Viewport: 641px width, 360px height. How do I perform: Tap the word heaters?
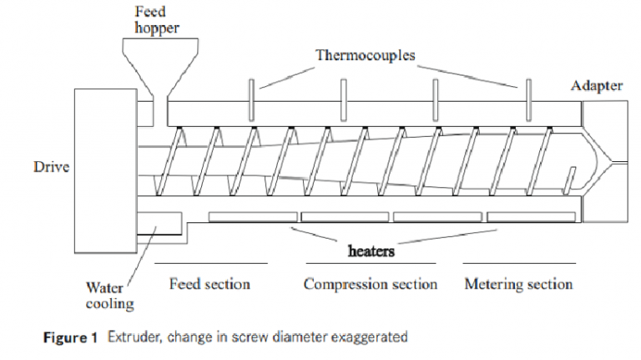[x=371, y=250]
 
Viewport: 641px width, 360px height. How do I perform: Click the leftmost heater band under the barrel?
[x=252, y=217]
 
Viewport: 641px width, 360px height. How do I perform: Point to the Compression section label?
[x=370, y=284]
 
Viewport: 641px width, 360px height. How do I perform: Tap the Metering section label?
[x=518, y=284]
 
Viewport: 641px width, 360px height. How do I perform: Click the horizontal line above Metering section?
[x=518, y=263]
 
